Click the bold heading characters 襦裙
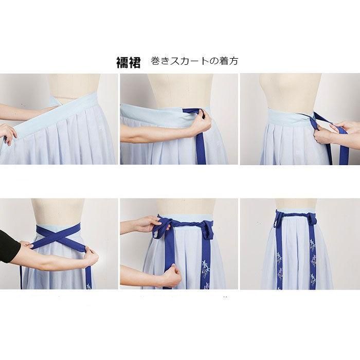point(129,62)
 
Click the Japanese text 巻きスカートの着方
point(194,61)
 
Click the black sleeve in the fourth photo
point(9,246)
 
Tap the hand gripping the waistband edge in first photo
point(8,134)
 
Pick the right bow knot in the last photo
point(312,219)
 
